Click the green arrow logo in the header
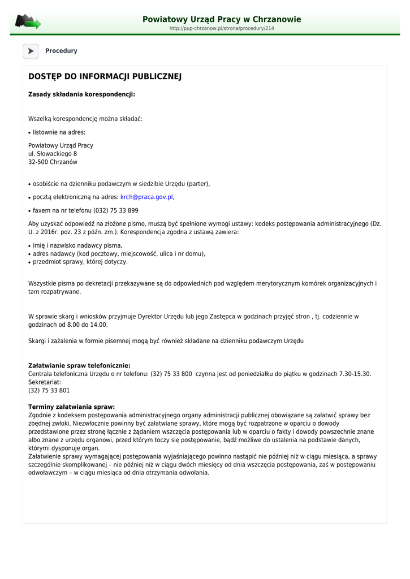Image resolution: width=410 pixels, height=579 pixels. [x=27, y=22]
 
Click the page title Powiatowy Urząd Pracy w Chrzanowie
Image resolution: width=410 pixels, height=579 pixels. [x=222, y=19]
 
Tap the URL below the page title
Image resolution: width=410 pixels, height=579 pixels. [x=222, y=28]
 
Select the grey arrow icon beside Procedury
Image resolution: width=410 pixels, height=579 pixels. [x=31, y=51]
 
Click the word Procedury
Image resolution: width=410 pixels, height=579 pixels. [x=61, y=51]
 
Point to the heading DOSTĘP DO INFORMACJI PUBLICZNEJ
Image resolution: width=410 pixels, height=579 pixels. [x=105, y=76]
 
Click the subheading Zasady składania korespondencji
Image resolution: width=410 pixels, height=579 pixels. [x=81, y=94]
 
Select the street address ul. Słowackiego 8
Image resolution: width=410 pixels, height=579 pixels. [x=53, y=154]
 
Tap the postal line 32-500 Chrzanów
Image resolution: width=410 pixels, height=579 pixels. [x=53, y=162]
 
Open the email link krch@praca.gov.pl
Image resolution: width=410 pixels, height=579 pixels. [x=146, y=197]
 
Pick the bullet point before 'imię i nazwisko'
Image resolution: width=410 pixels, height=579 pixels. [x=29, y=247]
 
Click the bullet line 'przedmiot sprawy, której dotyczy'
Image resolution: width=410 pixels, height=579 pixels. [x=80, y=262]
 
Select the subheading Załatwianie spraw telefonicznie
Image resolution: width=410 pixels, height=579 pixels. [x=79, y=366]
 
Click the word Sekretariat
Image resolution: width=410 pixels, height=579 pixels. [x=44, y=382]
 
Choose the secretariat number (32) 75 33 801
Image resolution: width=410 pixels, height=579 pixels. [x=49, y=391]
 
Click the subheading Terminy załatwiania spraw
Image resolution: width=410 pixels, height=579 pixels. [x=71, y=407]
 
